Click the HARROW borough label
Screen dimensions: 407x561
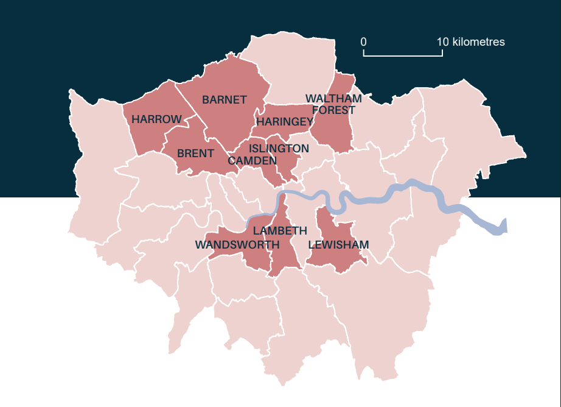(156, 119)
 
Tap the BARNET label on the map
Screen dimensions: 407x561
(225, 100)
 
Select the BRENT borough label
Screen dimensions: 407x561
(195, 154)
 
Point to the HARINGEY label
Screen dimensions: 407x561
(285, 122)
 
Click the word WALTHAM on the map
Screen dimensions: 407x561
(333, 99)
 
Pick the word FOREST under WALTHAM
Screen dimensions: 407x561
(333, 110)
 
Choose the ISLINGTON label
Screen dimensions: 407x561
(279, 149)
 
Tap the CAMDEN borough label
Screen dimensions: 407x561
(252, 160)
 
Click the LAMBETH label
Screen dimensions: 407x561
(280, 231)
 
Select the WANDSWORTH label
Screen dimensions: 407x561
(237, 245)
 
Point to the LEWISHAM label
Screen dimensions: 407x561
(338, 245)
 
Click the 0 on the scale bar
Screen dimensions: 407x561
(363, 42)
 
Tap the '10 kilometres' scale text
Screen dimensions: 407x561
(471, 42)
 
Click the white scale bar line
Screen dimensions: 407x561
(403, 55)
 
